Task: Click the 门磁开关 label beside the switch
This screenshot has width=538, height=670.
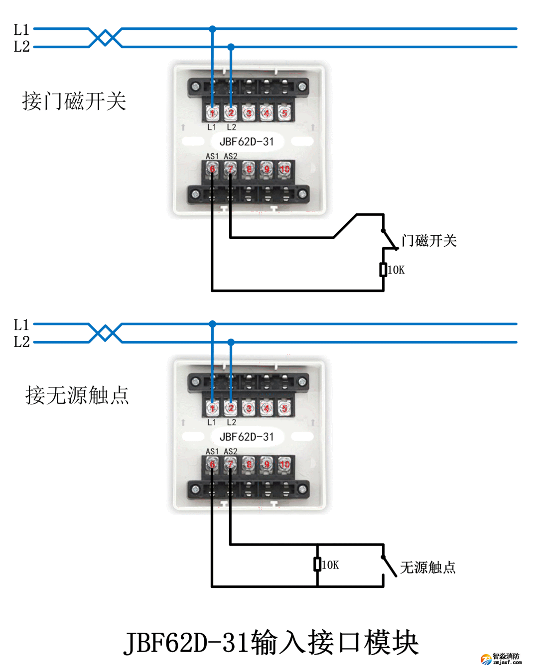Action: (x=429, y=241)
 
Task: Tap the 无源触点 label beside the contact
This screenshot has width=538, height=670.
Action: (x=427, y=568)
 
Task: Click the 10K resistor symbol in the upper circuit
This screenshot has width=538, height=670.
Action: (x=383, y=270)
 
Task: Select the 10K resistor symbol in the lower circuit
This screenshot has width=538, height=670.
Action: (x=317, y=564)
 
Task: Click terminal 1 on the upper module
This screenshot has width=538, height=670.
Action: (x=212, y=113)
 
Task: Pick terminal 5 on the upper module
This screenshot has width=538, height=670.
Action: (x=284, y=113)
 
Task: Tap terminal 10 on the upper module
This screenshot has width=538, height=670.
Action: (x=284, y=169)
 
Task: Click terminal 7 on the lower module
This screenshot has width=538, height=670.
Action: (x=230, y=464)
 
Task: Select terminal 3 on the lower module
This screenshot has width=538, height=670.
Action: (x=249, y=408)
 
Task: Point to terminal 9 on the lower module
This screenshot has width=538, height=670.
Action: (x=267, y=464)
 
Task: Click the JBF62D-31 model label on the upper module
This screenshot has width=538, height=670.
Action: (x=247, y=142)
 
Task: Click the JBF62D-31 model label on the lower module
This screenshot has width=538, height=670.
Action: (x=247, y=437)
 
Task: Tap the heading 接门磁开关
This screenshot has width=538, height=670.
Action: (x=74, y=101)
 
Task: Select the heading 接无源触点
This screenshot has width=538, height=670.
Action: (x=77, y=395)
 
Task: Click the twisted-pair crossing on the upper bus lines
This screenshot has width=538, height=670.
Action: (x=105, y=38)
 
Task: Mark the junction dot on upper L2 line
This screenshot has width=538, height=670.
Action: (x=231, y=47)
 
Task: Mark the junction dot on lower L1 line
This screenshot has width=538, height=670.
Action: (x=213, y=324)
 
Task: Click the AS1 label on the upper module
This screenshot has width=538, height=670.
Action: (x=212, y=156)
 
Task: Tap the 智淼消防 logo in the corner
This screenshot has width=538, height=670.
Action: (x=501, y=659)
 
